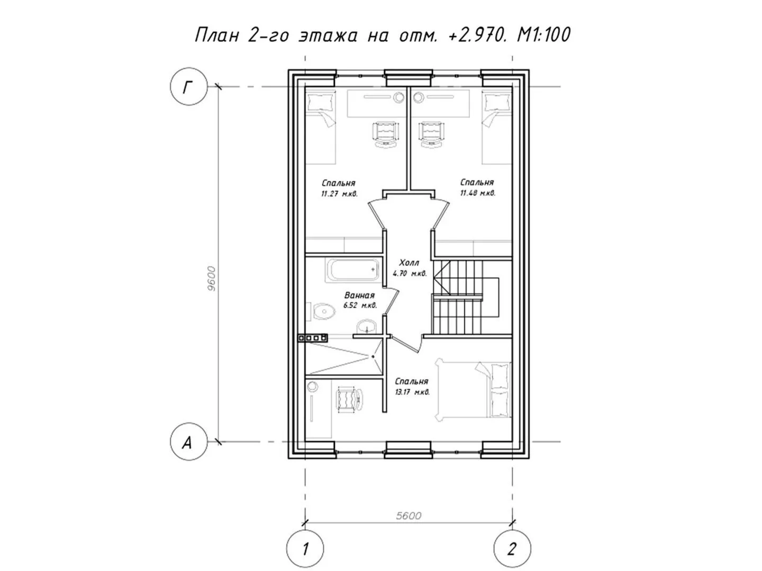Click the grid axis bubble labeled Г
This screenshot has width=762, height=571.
point(188,86)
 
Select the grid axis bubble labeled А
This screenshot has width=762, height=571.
point(188,441)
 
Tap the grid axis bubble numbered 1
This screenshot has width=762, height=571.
point(305,549)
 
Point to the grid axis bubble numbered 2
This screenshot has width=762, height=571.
point(512,549)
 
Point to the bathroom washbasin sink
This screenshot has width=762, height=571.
point(367,327)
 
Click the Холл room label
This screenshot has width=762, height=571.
point(409,262)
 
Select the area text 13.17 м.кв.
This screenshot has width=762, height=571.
point(412,392)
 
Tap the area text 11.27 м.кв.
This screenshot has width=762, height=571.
point(339,194)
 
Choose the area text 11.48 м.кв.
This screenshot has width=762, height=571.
point(478,193)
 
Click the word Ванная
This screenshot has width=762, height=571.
point(359,296)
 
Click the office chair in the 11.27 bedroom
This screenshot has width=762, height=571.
point(385,135)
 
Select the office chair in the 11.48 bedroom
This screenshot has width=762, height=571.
point(432,135)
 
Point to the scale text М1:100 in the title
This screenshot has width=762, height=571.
point(543,35)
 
